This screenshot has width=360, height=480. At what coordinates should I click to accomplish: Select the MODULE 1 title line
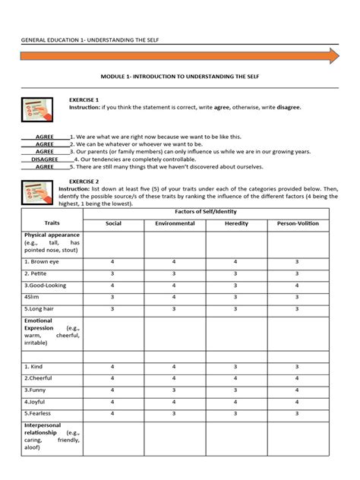click(179, 77)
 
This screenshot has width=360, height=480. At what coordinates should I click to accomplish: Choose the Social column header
click(112, 224)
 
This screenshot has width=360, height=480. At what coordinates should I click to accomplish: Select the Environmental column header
click(175, 224)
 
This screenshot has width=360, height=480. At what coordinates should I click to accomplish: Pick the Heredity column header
click(236, 224)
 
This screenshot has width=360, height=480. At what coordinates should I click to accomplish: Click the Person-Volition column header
click(297, 224)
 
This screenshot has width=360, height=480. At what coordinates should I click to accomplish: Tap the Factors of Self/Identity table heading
click(206, 211)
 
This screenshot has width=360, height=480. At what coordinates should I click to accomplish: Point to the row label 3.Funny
click(35, 390)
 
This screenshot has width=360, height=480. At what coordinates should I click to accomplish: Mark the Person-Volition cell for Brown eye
click(297, 261)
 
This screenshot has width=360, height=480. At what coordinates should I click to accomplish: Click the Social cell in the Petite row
click(112, 273)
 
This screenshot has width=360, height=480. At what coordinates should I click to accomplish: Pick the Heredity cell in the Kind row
click(236, 366)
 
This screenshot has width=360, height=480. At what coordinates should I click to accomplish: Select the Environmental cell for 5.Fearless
click(175, 414)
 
